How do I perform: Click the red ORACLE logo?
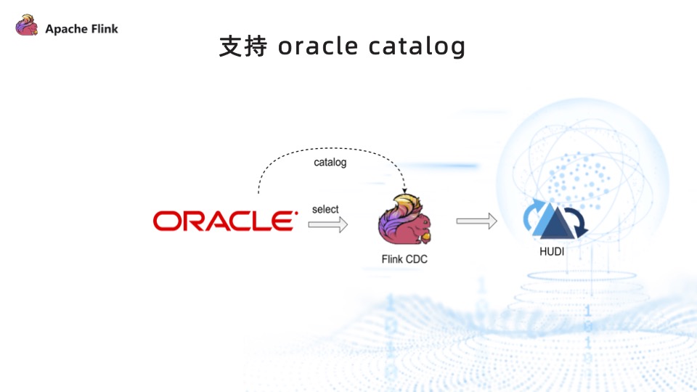click(x=224, y=221)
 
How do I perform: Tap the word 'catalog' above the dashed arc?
click(x=330, y=162)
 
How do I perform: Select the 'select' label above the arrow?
click(x=325, y=209)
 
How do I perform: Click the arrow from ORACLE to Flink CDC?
click(x=327, y=225)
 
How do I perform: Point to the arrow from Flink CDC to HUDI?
click(x=476, y=221)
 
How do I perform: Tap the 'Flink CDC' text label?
click(x=404, y=258)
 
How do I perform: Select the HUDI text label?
click(x=552, y=252)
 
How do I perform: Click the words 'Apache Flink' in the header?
click(x=81, y=29)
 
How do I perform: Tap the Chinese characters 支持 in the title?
click(x=243, y=46)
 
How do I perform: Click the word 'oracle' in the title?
click(x=318, y=46)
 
